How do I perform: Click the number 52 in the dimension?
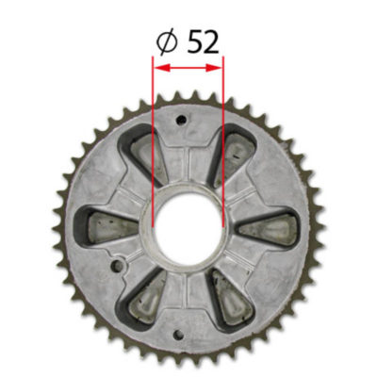click(x=203, y=41)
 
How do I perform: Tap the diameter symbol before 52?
click(x=165, y=42)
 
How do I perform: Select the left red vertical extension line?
click(x=153, y=141)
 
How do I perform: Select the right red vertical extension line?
click(x=223, y=141)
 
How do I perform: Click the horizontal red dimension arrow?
click(x=188, y=68)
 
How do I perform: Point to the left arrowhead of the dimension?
click(x=158, y=68)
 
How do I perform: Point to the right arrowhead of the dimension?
click(x=218, y=68)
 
